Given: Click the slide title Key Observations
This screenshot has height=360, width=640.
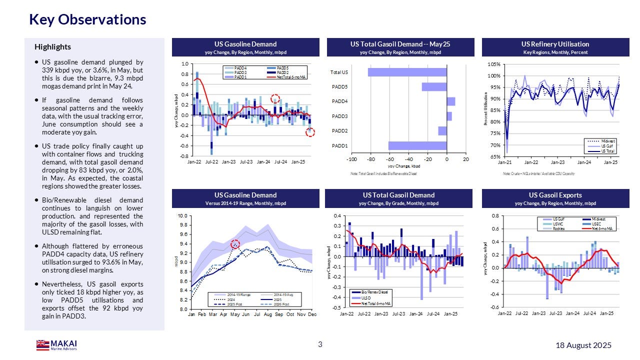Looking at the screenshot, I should [87, 19].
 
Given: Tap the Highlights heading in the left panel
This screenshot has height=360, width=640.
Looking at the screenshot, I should [52, 47].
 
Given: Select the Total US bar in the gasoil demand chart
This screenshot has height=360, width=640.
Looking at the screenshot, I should [407, 72].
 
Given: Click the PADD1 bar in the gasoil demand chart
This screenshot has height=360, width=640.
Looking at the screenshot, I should [417, 146].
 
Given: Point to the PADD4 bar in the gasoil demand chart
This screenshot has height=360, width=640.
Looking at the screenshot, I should [450, 102].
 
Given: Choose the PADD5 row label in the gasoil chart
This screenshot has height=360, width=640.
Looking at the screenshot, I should [340, 87].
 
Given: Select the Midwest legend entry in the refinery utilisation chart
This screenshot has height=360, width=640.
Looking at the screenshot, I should [608, 141].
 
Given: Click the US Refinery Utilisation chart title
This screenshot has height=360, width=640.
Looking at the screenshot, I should [558, 44].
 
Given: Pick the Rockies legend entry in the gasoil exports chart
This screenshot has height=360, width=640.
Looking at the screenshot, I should [558, 228].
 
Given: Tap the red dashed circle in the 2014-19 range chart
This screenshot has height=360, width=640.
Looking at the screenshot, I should [236, 244].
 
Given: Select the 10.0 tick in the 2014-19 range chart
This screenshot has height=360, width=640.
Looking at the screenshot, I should [183, 216].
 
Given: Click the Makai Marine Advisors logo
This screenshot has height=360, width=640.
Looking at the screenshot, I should [56, 345].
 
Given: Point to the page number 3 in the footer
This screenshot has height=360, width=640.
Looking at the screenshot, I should [320, 344].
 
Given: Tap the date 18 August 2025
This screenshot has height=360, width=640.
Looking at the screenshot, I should [583, 345].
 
